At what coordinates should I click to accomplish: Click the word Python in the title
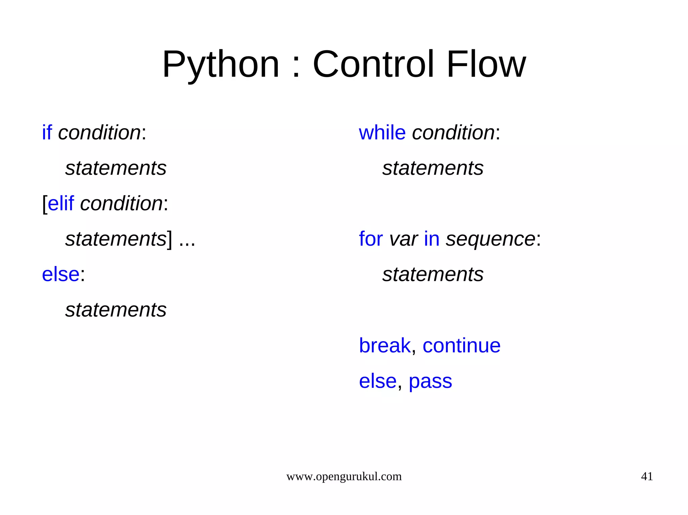point(220,64)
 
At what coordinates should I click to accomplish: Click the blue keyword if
point(47,132)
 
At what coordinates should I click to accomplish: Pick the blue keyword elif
point(60,203)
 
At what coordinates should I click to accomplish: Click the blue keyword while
point(382,132)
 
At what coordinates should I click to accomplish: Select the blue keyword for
point(371,239)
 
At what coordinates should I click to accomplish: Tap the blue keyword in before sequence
point(431,239)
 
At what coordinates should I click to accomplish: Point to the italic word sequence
point(490,240)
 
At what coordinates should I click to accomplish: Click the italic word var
point(403,240)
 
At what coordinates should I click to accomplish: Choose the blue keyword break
point(384,345)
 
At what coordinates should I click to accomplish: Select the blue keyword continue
point(461,345)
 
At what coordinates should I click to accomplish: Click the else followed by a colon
point(60,274)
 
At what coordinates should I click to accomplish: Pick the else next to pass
point(378,381)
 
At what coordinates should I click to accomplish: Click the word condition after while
point(453,132)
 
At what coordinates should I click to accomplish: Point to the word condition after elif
point(121,203)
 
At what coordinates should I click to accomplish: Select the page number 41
point(647,476)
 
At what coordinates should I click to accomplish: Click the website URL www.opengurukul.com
point(344,476)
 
